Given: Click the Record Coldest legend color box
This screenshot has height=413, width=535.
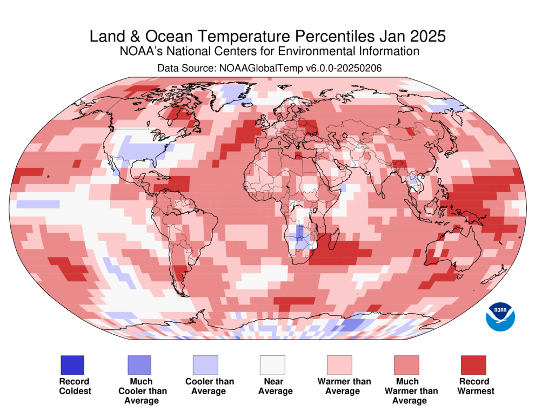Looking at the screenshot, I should tap(72, 365).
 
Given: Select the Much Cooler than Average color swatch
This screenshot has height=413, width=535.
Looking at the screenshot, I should tap(139, 365).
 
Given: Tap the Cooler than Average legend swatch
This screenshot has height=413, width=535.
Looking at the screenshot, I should tap(205, 365).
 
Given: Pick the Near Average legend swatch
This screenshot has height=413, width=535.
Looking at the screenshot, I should tap(272, 365).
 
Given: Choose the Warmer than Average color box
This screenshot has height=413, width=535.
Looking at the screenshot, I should tap(339, 365).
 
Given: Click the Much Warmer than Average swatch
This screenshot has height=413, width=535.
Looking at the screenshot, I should tap(406, 365).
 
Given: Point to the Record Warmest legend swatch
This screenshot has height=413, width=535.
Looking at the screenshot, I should tap(473, 365).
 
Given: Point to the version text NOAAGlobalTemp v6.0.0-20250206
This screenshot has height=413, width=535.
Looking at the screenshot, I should tap(300, 69).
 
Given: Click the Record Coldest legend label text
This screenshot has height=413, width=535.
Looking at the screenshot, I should tap(75, 386).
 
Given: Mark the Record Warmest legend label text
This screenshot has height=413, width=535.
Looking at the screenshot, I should tap(476, 386).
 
